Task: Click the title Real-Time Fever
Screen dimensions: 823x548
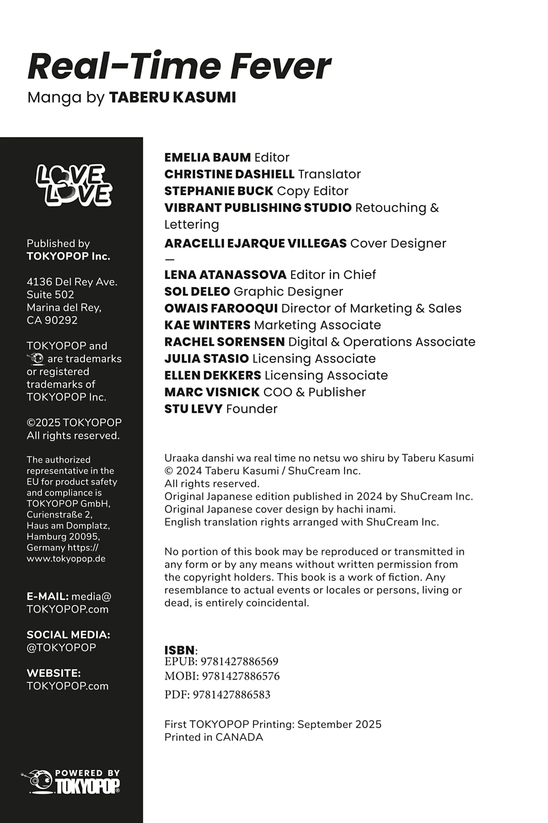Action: [x=179, y=66]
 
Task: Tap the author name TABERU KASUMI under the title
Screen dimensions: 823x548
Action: [x=172, y=97]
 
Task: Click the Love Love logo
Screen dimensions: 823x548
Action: [x=74, y=185]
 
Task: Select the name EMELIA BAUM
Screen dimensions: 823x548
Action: [x=207, y=157]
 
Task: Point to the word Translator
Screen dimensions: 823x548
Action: [x=329, y=174]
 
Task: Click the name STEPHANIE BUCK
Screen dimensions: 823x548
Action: [x=218, y=191]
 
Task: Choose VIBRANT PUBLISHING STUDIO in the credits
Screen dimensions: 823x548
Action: [x=258, y=208]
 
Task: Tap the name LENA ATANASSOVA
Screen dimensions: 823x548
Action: [x=225, y=275]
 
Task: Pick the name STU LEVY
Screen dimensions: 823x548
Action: [x=193, y=409]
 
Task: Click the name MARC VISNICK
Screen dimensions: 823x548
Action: [x=212, y=392]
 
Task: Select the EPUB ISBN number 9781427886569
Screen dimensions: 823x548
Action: [x=240, y=661]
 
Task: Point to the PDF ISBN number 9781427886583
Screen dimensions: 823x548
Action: [x=232, y=695]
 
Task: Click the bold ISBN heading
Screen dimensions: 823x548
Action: [x=179, y=650]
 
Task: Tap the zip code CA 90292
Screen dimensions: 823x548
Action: [x=52, y=320]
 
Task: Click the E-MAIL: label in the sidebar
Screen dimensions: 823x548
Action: [x=48, y=596]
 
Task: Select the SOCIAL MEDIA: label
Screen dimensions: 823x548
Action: [x=68, y=635]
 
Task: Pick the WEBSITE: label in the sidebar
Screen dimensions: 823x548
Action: [x=54, y=673]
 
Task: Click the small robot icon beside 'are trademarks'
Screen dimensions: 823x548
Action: [x=36, y=358]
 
